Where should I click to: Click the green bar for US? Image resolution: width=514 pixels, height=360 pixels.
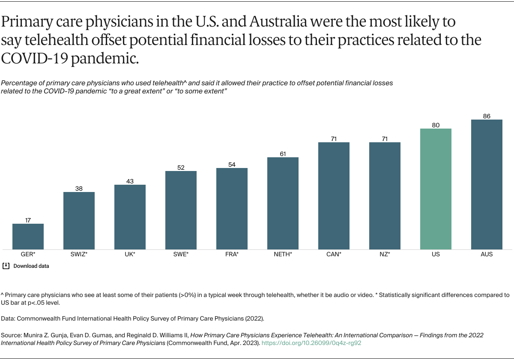[436, 189]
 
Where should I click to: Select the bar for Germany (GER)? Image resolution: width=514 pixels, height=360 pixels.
[28, 237]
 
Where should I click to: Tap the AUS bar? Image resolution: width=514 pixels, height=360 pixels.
[487, 184]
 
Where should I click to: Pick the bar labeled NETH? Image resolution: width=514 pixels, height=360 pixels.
[283, 203]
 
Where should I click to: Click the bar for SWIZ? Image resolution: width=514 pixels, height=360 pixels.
[79, 221]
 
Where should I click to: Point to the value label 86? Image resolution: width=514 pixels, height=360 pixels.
[487, 116]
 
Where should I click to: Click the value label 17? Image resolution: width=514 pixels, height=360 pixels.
[28, 220]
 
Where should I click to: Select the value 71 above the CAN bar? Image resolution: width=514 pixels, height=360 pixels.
[334, 139]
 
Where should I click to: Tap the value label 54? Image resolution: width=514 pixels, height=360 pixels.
[232, 165]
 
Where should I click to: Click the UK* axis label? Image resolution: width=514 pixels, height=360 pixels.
[130, 254]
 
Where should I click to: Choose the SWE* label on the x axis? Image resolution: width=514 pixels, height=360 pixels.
[181, 254]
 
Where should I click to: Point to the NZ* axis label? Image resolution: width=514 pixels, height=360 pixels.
[385, 254]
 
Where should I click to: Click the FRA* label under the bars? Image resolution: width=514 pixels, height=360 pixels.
[232, 254]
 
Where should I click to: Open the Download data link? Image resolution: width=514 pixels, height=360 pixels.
[31, 266]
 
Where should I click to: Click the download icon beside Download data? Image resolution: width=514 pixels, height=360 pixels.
[6, 266]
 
